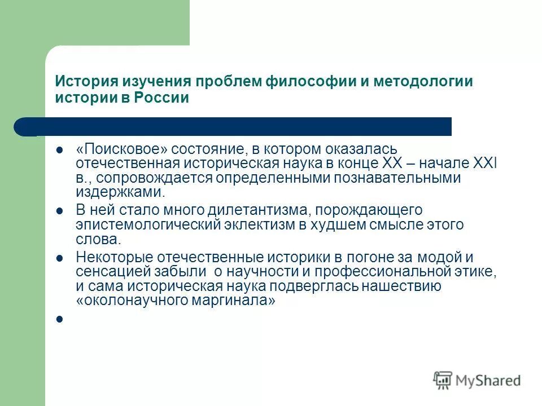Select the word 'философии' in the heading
point(303,81)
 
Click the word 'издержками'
point(119,192)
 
